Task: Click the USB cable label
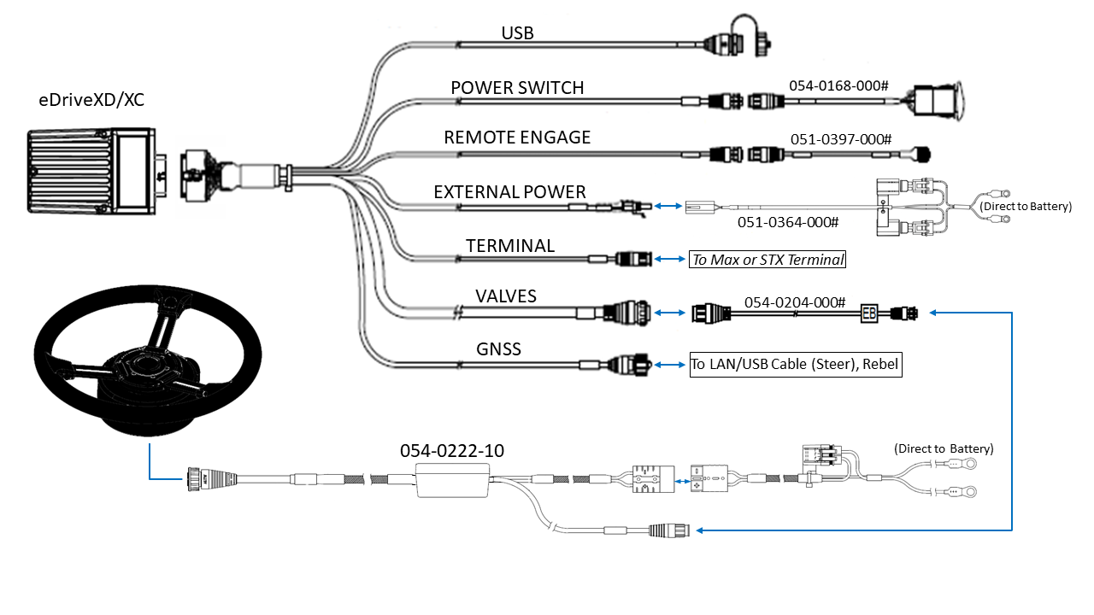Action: (x=518, y=33)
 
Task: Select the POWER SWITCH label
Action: (x=517, y=87)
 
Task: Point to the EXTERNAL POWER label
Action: (x=509, y=191)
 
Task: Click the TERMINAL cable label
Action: (x=510, y=246)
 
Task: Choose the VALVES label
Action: (x=506, y=296)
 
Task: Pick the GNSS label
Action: (x=499, y=348)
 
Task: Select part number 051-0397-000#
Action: (x=841, y=138)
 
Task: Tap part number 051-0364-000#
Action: (x=788, y=222)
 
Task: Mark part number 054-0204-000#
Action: (x=795, y=302)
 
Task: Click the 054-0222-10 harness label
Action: (x=452, y=450)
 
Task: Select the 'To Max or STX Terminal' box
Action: (x=767, y=260)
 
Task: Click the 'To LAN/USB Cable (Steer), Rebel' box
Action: (x=795, y=364)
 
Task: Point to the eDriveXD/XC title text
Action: (x=91, y=99)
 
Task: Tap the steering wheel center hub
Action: (x=150, y=369)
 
